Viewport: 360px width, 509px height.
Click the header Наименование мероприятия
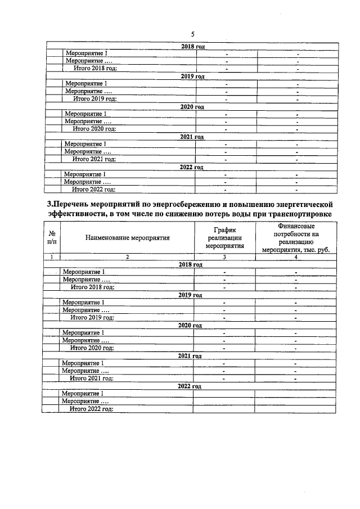tap(128, 237)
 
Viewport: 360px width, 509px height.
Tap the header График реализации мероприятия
tap(224, 237)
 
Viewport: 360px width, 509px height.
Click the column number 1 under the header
tap(52, 257)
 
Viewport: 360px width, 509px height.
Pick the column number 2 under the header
tap(128, 257)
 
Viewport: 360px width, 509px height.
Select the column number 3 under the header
tap(224, 257)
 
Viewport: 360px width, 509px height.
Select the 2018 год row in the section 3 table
tap(190, 264)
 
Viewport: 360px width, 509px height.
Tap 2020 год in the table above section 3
tap(191, 106)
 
